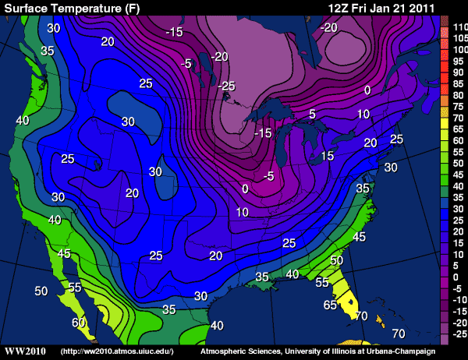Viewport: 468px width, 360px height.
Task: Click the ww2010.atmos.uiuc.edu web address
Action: point(117,352)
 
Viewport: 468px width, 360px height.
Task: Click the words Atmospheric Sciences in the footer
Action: point(235,352)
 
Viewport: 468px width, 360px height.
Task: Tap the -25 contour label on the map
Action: point(226,84)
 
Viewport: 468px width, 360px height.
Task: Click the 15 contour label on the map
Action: point(327,156)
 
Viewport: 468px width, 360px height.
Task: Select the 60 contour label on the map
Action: point(79,322)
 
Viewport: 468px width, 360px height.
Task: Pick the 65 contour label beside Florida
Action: point(330,305)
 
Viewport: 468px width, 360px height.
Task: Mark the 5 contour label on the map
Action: point(312,114)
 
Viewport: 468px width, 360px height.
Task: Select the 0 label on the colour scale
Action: point(459,277)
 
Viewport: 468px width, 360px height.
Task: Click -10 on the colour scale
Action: point(459,299)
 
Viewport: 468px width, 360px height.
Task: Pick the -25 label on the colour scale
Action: point(459,333)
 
